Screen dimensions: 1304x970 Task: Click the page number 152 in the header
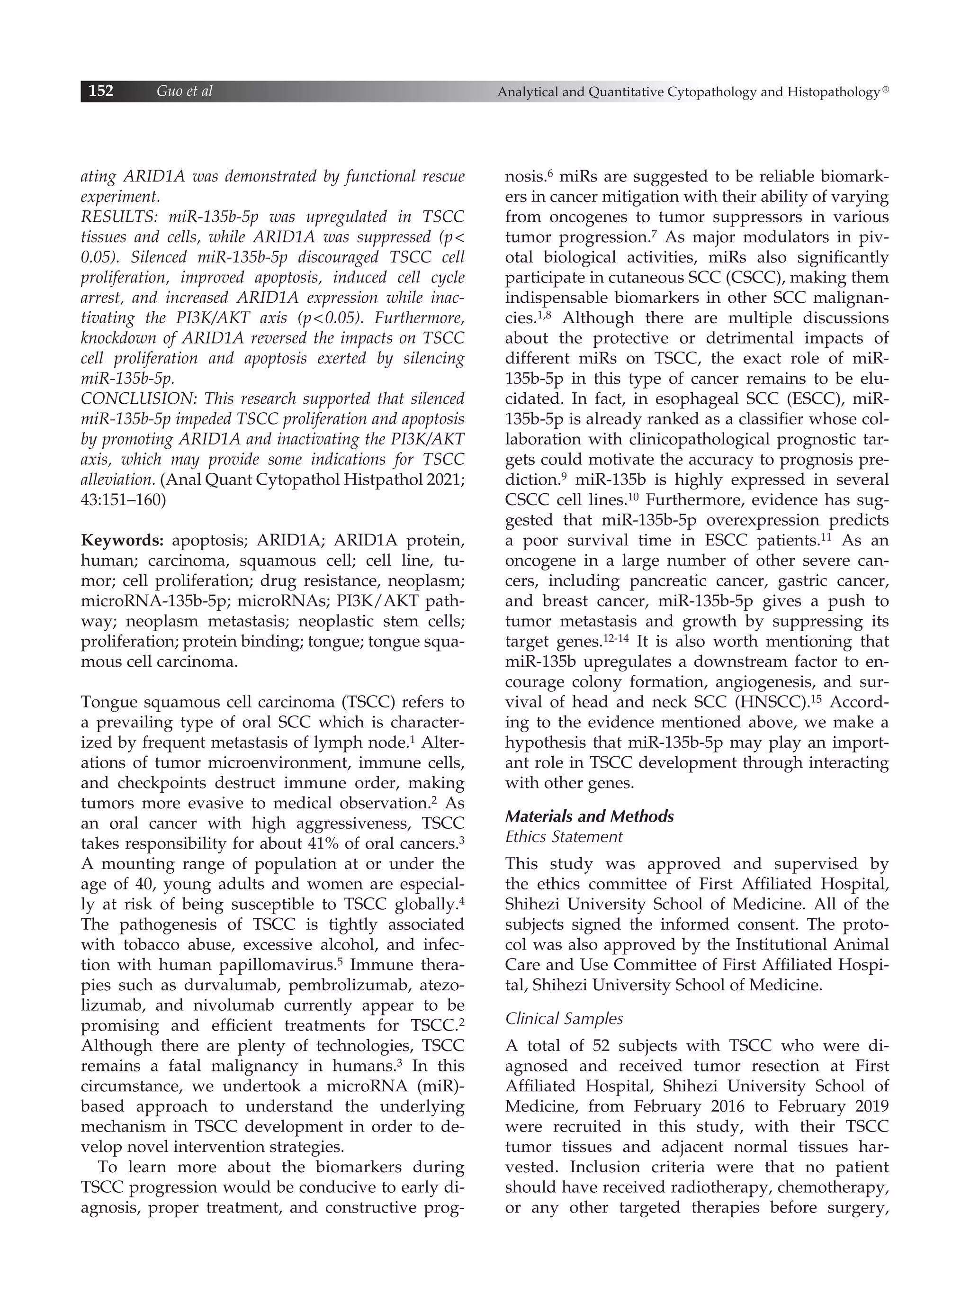(101, 91)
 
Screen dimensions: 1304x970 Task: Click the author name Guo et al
(184, 91)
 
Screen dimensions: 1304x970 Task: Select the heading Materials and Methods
(590, 816)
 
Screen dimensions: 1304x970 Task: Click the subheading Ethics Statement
(564, 836)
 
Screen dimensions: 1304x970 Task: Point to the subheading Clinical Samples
(564, 1019)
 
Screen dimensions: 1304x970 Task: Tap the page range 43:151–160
(123, 500)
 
